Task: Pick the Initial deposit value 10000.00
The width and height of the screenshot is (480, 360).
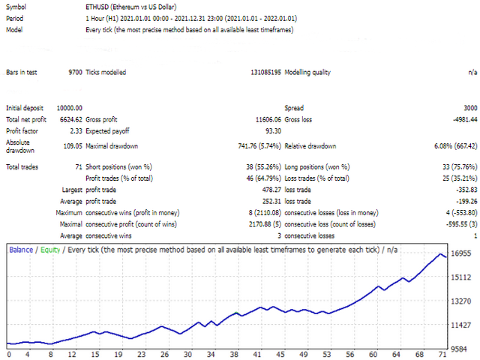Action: click(66, 108)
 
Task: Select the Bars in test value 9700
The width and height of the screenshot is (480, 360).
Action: click(74, 73)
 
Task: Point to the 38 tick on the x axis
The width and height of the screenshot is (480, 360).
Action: click(235, 353)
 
